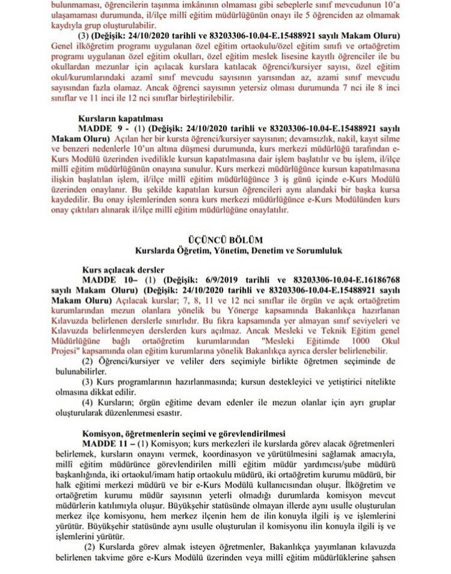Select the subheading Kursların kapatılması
click(x=118, y=118)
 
